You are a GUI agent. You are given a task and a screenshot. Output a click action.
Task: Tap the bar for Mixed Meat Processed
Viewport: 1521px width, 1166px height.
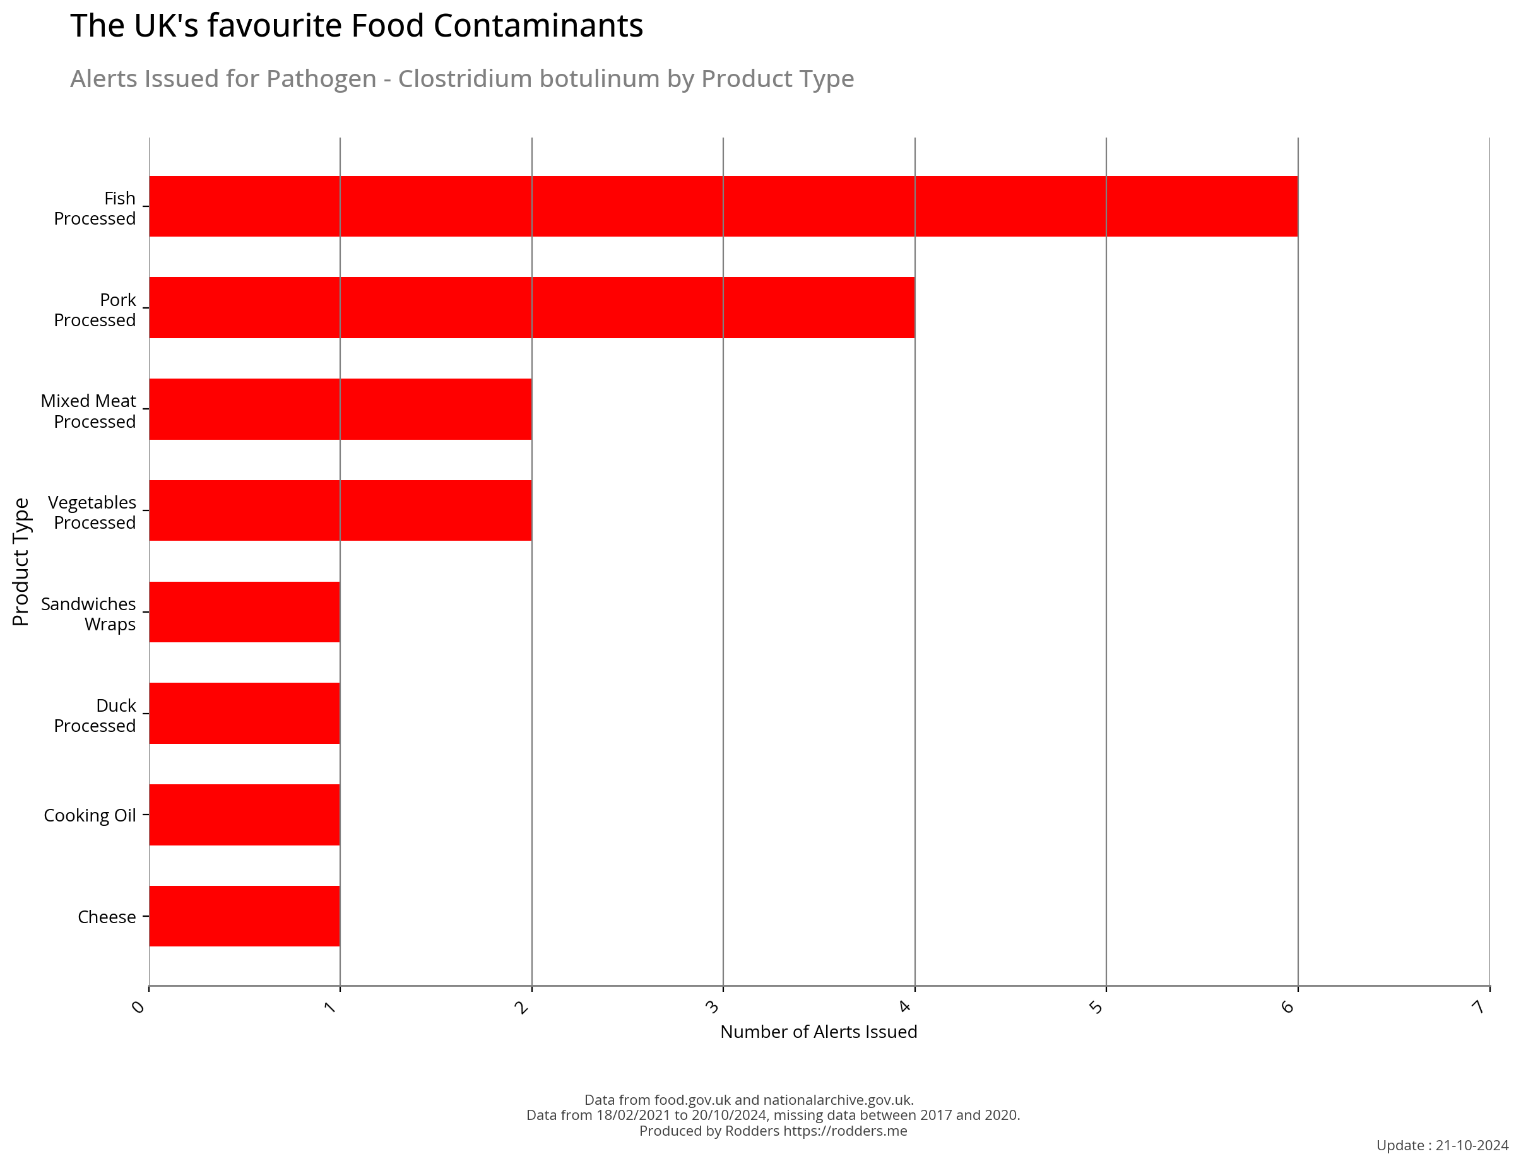[340, 409]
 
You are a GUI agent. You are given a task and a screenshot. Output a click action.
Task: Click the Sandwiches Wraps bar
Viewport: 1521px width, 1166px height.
[244, 611]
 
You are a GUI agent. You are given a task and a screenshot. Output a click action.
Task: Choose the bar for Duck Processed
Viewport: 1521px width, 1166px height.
[244, 713]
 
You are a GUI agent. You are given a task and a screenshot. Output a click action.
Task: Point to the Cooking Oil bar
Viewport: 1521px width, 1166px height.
[244, 814]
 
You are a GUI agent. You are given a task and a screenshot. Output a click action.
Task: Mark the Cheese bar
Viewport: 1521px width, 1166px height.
[244, 916]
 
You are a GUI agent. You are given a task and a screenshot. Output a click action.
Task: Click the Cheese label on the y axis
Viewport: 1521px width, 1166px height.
[106, 917]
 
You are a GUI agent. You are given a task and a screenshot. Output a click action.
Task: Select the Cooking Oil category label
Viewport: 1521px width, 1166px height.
[90, 815]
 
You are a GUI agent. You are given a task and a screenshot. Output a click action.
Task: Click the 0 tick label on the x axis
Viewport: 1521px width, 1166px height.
[139, 1007]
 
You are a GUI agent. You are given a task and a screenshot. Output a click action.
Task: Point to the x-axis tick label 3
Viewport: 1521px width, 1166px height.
[713, 1007]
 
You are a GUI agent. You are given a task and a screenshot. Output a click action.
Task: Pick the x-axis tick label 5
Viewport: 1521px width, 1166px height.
[1096, 1007]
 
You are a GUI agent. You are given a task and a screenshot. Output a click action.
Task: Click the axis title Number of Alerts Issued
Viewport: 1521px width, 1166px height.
[818, 1032]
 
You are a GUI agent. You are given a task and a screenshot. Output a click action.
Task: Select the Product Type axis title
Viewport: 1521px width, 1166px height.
[21, 562]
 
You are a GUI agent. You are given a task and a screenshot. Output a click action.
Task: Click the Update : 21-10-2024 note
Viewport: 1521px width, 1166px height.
[1442, 1146]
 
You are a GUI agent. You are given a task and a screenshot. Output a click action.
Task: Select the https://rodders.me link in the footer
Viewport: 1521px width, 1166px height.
[844, 1131]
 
